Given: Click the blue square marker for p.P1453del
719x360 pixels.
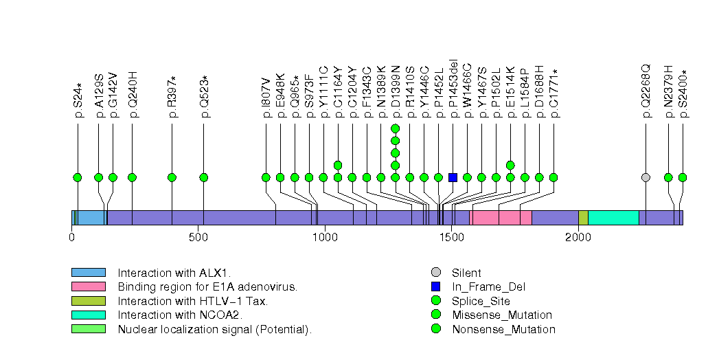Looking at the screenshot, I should [x=453, y=177].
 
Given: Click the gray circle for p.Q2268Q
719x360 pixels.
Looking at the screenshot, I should [x=646, y=177].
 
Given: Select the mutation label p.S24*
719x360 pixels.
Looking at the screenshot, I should [x=78, y=100].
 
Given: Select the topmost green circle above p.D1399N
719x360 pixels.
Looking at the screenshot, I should [x=395, y=128].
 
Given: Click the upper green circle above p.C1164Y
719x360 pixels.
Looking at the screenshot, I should [x=338, y=165].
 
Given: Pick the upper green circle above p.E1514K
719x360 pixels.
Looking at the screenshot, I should [x=510, y=165].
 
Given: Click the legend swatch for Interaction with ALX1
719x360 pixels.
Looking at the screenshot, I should [x=88, y=273].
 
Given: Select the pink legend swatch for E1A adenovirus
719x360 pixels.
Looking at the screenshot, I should [x=88, y=286].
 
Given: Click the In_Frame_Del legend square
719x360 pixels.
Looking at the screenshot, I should [x=435, y=286].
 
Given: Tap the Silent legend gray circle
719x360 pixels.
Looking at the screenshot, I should [x=435, y=273].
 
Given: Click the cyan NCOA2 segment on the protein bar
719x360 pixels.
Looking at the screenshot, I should [x=613, y=218].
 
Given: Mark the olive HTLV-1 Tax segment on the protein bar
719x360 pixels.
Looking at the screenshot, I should [x=583, y=218].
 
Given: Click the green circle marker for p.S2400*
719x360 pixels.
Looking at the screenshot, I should [x=682, y=177].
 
